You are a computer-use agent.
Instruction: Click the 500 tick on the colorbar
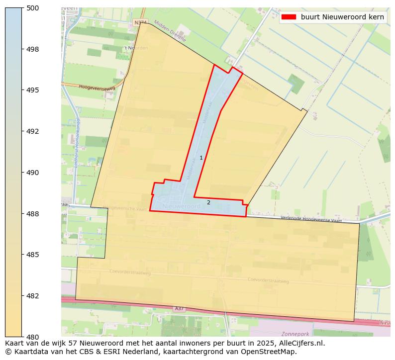[x=33, y=8]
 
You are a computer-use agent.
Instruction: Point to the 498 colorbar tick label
[x=33, y=49]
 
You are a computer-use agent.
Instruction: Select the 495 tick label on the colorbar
[x=33, y=90]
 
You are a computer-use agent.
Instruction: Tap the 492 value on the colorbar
[x=33, y=132]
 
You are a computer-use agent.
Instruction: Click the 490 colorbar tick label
[x=33, y=173]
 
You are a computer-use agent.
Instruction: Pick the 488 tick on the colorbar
[x=33, y=214]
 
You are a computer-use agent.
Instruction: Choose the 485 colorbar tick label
[x=33, y=255]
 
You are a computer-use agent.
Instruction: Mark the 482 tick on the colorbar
[x=33, y=296]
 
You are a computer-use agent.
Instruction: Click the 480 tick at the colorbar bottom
[x=33, y=337]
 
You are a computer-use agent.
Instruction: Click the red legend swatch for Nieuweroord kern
[x=289, y=17]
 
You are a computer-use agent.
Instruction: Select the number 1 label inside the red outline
[x=201, y=158]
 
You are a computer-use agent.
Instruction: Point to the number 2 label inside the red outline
[x=208, y=202]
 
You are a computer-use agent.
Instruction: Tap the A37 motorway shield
[x=179, y=309]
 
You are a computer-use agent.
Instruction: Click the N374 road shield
[x=140, y=23]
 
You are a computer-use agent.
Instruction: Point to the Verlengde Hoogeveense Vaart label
[x=311, y=219]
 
